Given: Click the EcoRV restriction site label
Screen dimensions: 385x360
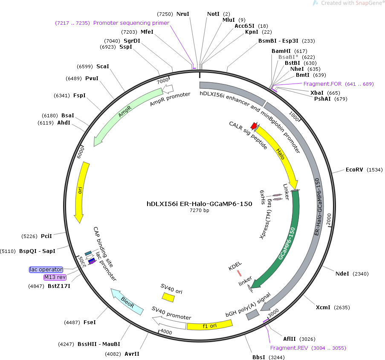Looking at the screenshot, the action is pos(354,170).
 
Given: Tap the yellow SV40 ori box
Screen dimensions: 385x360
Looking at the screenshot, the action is pos(168,297).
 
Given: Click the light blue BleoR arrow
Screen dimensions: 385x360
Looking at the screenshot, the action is pos(127,302).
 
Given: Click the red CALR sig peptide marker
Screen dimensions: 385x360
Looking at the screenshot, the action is pos(254,126).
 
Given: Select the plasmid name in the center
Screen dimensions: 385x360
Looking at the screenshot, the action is pos(200,204).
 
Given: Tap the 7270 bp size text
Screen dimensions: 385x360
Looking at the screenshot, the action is pos(200,210).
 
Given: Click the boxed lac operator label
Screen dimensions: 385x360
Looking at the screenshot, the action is pos(46,270).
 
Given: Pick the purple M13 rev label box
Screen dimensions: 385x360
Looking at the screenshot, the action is pos(55,277).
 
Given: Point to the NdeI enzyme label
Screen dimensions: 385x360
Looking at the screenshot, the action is pos(342,273).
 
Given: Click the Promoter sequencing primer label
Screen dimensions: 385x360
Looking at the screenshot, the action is pos(131,23).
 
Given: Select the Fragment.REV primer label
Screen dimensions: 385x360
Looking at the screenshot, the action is pos(289,348).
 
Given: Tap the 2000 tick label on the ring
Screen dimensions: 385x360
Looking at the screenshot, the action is pos(329,219).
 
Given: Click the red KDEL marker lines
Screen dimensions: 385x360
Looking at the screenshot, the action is pos(239,273).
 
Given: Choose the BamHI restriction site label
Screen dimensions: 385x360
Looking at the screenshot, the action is pos(281,51).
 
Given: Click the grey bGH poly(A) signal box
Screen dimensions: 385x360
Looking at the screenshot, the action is pos(253,314).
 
